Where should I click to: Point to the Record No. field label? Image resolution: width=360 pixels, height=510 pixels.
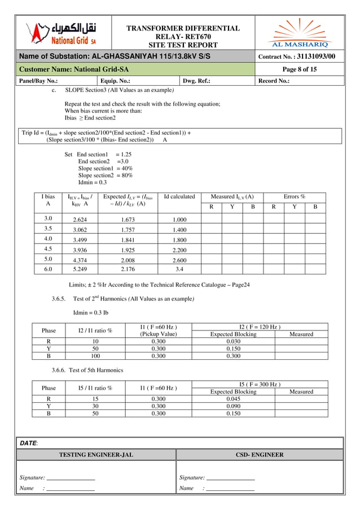click(x=274, y=81)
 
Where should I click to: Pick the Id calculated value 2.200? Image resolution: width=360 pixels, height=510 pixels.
click(x=179, y=249)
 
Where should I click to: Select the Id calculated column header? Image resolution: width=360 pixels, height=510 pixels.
click(x=179, y=197)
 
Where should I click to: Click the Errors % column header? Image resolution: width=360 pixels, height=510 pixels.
click(x=294, y=197)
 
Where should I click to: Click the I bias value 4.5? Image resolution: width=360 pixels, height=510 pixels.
click(x=48, y=249)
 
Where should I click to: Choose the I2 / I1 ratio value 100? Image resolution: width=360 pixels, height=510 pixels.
click(x=95, y=356)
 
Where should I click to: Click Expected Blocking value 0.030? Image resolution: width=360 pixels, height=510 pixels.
click(x=233, y=341)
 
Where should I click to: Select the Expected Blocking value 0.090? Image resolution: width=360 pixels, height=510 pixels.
click(x=233, y=406)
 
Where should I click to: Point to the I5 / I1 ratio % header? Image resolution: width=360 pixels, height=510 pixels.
click(x=95, y=388)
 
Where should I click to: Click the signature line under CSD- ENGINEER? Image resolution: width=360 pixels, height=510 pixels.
click(x=231, y=479)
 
